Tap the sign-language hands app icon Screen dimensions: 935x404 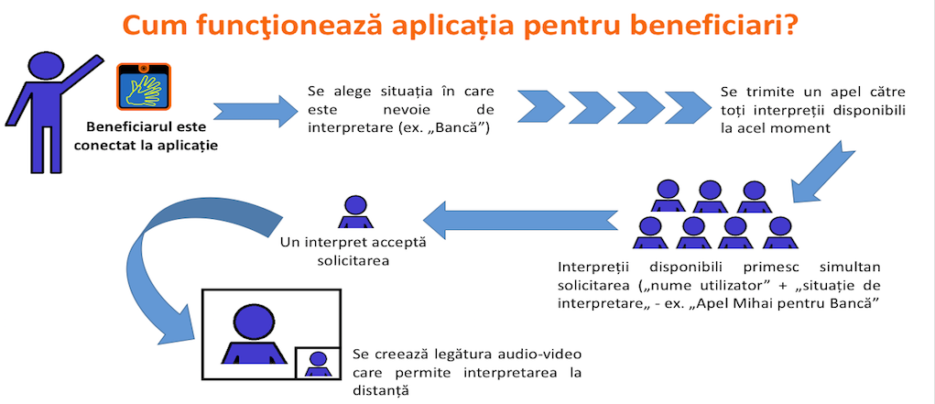pyautogui.click(x=144, y=86)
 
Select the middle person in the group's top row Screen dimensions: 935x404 pyautogui.click(x=710, y=196)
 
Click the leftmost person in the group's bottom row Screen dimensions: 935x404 pyautogui.click(x=650, y=233)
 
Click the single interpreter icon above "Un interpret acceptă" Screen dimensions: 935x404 pyautogui.click(x=356, y=212)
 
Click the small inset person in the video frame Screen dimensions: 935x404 pyautogui.click(x=318, y=364)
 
